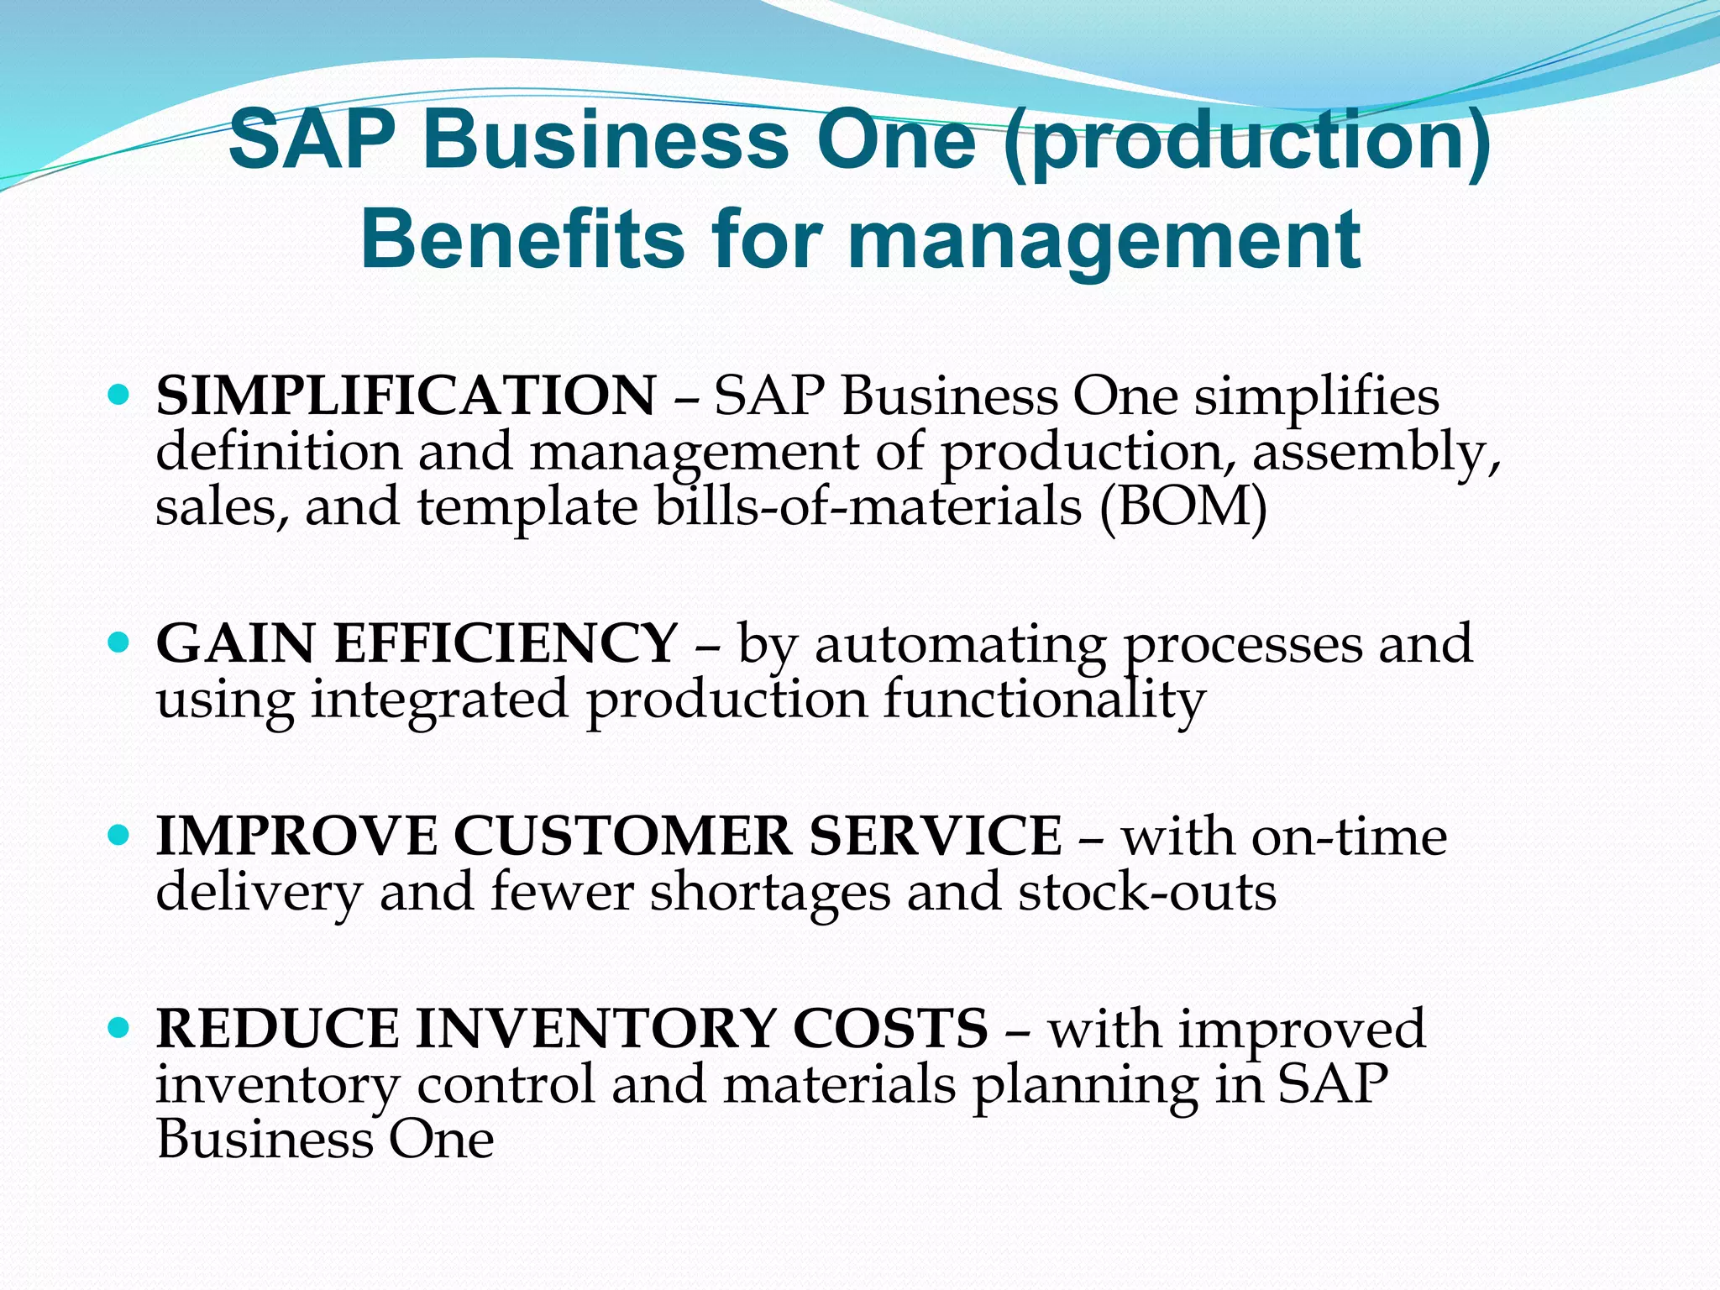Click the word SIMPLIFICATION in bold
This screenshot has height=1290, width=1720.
tap(406, 395)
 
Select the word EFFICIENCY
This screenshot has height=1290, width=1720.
tap(505, 644)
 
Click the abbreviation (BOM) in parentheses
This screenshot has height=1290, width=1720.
tap(1182, 507)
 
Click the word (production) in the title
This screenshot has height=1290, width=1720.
tap(1246, 139)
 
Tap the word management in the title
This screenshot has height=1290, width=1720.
tap(1104, 239)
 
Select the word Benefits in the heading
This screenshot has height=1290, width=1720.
tap(522, 239)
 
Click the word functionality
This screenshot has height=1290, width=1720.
tap(1044, 700)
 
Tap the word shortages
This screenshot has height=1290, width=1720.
tap(770, 894)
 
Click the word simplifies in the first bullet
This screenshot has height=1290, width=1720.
tap(1317, 396)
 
